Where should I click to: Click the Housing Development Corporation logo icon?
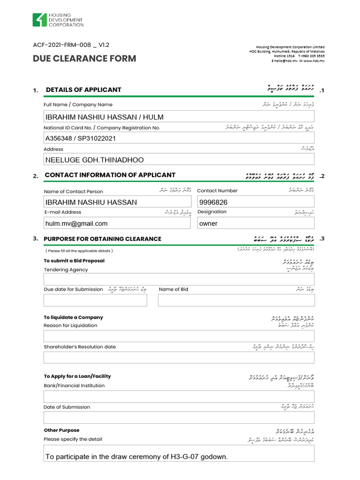(x=39, y=20)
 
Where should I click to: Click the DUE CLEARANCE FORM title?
(x=84, y=59)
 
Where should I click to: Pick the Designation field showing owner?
(x=255, y=224)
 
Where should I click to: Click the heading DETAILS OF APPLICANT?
(x=83, y=90)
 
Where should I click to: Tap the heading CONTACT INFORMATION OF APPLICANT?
(x=110, y=175)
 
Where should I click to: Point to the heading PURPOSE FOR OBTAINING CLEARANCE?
(x=102, y=239)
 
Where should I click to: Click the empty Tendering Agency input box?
(x=179, y=279)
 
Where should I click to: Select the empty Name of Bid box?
(x=236, y=300)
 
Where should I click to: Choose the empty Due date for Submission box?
(x=95, y=300)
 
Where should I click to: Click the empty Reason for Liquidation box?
(x=179, y=336)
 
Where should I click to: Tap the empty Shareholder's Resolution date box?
(x=179, y=358)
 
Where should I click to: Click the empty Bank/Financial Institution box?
(x=179, y=397)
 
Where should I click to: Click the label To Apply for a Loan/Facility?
(x=77, y=376)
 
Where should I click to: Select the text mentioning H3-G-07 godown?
(x=136, y=457)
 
